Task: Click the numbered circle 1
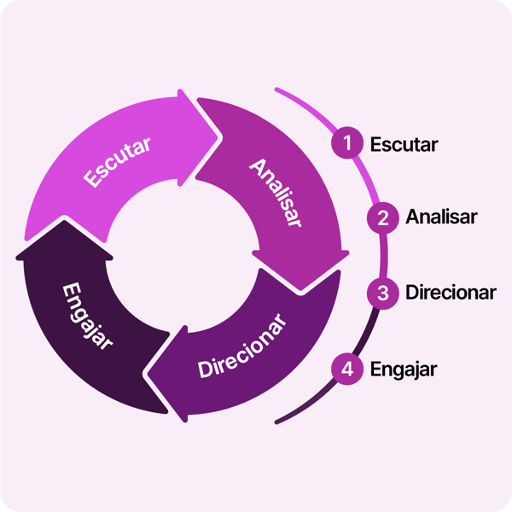tap(346, 143)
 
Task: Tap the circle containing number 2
tap(382, 218)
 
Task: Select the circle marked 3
tap(382, 293)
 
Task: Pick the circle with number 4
tap(346, 369)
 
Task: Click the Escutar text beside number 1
tap(404, 143)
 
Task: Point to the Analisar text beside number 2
tap(441, 218)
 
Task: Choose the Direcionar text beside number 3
tap(451, 293)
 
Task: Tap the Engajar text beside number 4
tap(404, 369)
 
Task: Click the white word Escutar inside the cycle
tap(118, 161)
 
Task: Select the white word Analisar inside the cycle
tap(276, 192)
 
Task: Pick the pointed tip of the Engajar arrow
tap(63, 222)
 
